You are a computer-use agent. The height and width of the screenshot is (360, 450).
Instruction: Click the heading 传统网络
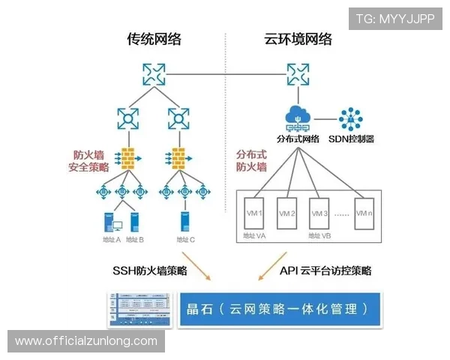[154, 39]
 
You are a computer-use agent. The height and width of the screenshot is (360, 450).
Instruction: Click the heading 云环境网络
[298, 39]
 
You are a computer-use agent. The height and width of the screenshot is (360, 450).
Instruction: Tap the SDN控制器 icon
[351, 120]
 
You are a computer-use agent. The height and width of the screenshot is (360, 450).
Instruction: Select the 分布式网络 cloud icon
[298, 118]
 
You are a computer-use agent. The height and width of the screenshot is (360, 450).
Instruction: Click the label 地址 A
[111, 239]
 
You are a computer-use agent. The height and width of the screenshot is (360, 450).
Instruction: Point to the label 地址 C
[185, 239]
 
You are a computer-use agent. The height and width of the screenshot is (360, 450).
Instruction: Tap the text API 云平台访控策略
[325, 270]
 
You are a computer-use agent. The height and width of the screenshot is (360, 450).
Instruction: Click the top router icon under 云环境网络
[297, 73]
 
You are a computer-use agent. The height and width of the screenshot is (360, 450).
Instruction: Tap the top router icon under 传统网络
[154, 73]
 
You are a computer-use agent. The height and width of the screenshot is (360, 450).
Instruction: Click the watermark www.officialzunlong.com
[86, 341]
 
